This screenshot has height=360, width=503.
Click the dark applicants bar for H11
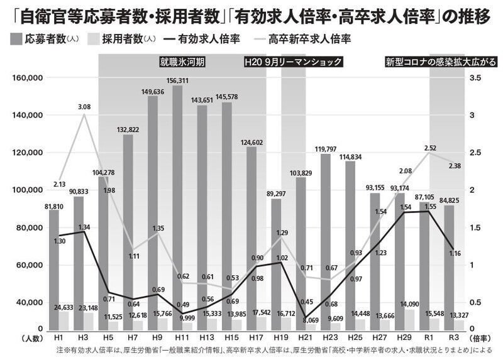177,207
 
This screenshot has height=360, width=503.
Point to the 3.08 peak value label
84,107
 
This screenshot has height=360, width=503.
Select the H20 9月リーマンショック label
293,62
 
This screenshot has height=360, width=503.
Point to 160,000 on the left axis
26,78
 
